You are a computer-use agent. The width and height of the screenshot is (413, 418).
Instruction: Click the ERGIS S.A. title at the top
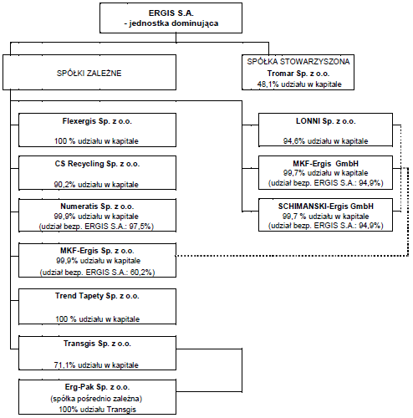171,13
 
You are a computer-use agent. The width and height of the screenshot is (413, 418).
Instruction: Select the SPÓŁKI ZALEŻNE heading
89,73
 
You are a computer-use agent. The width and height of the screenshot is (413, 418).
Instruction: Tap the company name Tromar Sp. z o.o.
298,74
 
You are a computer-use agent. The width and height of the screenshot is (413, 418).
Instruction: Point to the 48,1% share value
268,84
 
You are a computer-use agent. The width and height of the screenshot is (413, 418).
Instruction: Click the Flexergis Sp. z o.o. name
97,121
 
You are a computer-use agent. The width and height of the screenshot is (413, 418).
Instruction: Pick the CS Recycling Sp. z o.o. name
97,164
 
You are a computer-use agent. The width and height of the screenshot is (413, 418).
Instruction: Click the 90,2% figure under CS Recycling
64,185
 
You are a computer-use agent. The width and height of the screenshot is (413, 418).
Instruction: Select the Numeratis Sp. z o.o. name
97,206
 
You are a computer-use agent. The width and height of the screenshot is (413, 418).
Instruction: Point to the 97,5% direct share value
141,227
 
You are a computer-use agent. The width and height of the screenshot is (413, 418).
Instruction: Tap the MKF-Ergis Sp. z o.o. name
97,251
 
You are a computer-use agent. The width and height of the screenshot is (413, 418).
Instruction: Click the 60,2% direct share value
142,272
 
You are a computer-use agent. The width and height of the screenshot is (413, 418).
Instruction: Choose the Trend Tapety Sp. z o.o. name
97,296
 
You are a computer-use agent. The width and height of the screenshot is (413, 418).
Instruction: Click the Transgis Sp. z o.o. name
97,344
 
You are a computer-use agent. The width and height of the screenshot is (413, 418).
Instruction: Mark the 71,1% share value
64,365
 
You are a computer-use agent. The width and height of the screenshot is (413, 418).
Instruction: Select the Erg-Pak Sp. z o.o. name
97,387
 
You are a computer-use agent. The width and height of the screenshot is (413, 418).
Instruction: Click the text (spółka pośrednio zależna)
96,399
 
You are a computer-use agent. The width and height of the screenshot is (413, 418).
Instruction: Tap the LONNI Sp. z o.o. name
325,121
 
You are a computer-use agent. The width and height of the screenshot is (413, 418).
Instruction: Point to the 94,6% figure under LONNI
294,141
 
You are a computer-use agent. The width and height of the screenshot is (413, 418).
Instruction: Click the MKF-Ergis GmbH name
325,164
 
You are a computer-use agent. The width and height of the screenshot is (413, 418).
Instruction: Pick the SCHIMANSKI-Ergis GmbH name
325,206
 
